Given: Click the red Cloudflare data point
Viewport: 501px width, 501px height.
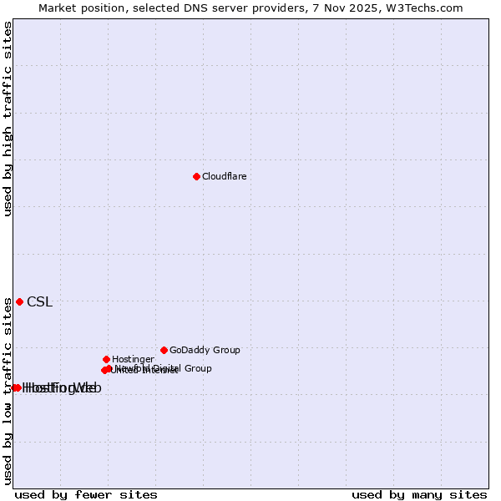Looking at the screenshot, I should pos(196,176).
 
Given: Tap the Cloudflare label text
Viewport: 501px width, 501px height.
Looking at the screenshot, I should pos(224,176).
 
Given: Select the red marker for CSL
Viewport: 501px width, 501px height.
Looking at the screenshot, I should pos(19,301).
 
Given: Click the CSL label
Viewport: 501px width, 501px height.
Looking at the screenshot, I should pos(39,302).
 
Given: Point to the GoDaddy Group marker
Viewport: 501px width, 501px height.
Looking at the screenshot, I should pos(164,350).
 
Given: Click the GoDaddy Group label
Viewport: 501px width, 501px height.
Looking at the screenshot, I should pos(205,350).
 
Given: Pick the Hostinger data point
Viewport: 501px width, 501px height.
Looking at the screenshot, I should pos(106,359).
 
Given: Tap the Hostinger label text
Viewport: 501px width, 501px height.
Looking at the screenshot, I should pos(133,359).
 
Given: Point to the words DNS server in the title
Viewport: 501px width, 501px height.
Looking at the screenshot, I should pos(204,8).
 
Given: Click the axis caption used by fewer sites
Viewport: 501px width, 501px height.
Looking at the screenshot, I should pos(86,494).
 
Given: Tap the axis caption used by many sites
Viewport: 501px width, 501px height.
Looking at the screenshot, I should pos(419,494).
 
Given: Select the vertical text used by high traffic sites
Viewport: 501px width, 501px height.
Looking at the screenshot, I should pos(8,119).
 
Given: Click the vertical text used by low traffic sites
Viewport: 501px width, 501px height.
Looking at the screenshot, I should pos(8,391).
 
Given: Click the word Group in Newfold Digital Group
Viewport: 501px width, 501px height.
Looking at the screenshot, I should pos(198,368).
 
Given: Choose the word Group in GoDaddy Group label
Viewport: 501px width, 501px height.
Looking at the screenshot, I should pos(226,350).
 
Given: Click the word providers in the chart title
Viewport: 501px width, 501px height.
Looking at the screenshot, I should pos(271,8).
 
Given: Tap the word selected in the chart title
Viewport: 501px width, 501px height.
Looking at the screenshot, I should pos(150,8).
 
